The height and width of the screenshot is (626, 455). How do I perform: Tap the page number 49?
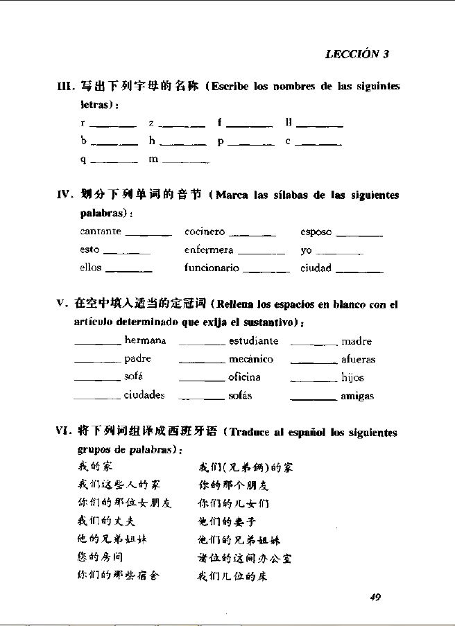tap(376, 598)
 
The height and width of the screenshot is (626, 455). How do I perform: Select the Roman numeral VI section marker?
tap(65, 432)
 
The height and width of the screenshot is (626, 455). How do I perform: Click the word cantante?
tap(101, 231)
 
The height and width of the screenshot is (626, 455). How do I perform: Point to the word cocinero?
tap(205, 232)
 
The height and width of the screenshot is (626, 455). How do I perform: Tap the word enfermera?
tap(209, 250)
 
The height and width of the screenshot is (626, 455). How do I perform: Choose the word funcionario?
tap(212, 268)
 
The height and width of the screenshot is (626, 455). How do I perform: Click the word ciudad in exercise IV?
tap(316, 268)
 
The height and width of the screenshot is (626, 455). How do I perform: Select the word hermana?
tap(145, 340)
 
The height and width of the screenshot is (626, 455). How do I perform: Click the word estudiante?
tap(254, 341)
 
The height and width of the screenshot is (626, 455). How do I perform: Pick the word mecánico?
tap(251, 359)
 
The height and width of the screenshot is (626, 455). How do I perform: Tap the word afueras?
tap(359, 360)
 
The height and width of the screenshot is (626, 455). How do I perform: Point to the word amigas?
tap(357, 396)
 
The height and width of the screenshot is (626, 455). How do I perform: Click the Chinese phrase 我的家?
tap(91, 467)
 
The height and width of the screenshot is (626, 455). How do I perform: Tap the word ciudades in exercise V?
tap(144, 395)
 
